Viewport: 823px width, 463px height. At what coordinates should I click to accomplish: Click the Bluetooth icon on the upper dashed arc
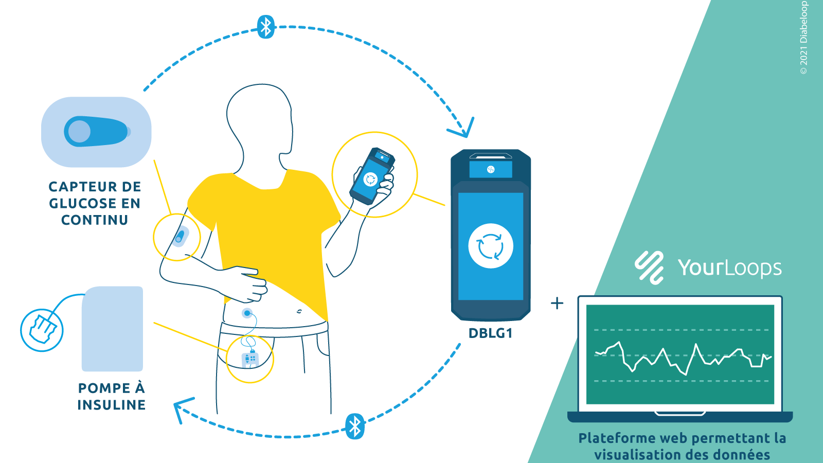coord(266,26)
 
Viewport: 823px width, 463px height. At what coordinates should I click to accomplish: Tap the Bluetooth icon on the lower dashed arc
coord(355,426)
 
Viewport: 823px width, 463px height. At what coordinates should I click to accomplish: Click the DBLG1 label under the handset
coord(490,333)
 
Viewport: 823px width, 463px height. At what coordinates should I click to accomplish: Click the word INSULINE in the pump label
coord(111,404)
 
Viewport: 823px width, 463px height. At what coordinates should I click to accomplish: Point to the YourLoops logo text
coord(730,268)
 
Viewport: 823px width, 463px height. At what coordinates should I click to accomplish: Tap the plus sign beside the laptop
coord(557,303)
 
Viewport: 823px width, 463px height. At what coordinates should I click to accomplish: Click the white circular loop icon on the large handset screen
coord(491,245)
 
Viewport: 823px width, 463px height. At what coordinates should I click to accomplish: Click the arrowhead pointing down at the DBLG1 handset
coord(462,129)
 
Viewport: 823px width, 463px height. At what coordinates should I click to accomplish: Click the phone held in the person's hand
coord(372,176)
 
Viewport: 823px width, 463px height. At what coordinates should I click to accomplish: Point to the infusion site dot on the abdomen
coord(247,313)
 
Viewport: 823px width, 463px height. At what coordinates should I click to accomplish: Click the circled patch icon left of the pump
coord(42,330)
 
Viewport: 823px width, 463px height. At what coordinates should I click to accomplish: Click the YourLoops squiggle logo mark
coord(649,268)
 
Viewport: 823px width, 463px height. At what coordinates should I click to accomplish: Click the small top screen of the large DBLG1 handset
coord(491,169)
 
